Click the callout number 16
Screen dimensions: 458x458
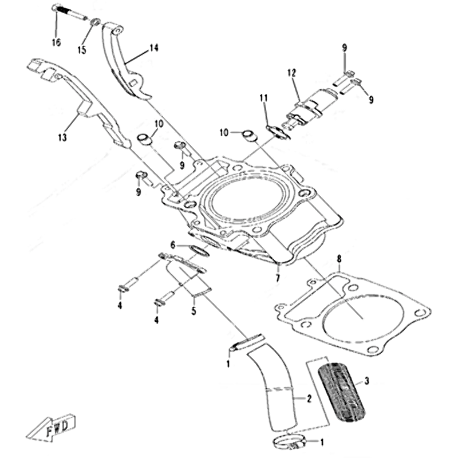pyautogui.click(x=56, y=42)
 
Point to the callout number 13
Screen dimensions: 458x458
pyautogui.click(x=62, y=137)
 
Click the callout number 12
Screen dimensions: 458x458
pyautogui.click(x=292, y=73)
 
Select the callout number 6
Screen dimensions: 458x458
pyautogui.click(x=171, y=244)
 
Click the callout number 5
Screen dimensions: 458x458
pyautogui.click(x=194, y=311)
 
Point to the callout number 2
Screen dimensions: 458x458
pyautogui.click(x=309, y=398)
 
